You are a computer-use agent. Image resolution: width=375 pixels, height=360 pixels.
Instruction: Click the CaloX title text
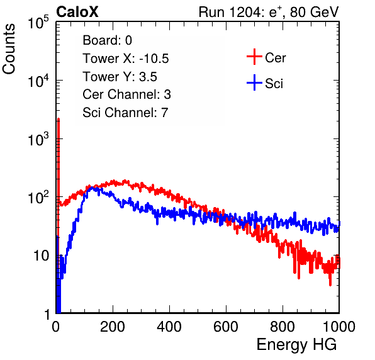[x=77, y=12]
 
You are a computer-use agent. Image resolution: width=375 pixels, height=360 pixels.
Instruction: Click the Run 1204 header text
[x=269, y=12]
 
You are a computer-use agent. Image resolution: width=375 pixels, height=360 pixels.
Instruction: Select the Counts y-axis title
[x=9, y=49]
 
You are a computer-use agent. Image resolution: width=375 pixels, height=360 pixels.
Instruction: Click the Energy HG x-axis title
[x=296, y=345]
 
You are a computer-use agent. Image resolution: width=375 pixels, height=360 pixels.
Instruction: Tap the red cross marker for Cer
[x=254, y=57]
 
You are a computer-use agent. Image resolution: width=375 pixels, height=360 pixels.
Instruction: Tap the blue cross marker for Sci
[x=254, y=82]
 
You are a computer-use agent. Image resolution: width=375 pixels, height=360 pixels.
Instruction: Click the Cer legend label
[x=276, y=58]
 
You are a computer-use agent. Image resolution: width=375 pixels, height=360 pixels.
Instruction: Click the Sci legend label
[x=274, y=84]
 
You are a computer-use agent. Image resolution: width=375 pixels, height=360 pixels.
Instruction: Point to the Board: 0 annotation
[x=108, y=40]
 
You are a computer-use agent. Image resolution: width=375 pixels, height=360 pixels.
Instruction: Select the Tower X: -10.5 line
[x=126, y=59]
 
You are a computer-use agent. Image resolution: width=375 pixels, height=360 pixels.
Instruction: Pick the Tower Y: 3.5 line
[x=120, y=77]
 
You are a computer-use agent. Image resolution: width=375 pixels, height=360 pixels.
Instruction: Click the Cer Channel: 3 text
[x=126, y=94]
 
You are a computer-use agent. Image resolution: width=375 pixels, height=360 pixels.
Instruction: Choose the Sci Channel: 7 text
[x=125, y=113]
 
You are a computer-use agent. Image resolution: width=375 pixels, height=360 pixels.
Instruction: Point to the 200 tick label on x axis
[x=113, y=327]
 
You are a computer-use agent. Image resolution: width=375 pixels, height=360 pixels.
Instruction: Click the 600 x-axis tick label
[x=226, y=327]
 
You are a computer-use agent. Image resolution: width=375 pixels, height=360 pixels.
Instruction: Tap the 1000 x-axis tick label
[x=339, y=327]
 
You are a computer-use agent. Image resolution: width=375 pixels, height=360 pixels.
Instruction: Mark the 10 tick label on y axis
[x=42, y=256]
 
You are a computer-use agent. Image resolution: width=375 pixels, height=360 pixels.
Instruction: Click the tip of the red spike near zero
[x=59, y=118]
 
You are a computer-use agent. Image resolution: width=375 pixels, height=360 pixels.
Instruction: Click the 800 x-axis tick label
[x=283, y=327]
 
